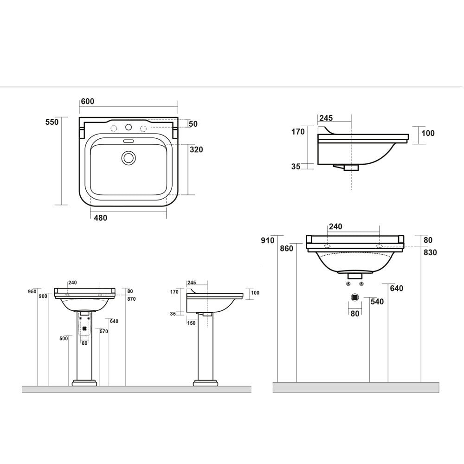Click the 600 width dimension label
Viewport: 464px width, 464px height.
tap(88, 101)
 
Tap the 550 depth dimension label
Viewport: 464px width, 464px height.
tap(52, 122)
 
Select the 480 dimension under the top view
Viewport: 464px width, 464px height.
tap(100, 218)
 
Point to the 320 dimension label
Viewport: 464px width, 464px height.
tap(196, 150)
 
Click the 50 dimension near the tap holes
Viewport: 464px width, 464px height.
tap(193, 124)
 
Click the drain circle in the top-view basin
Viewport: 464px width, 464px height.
tap(129, 158)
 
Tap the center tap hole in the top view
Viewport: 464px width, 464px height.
tap(129, 127)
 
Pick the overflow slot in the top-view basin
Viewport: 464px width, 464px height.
tap(128, 141)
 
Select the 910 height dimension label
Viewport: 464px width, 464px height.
tap(268, 240)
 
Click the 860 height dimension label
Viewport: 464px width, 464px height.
tap(286, 249)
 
